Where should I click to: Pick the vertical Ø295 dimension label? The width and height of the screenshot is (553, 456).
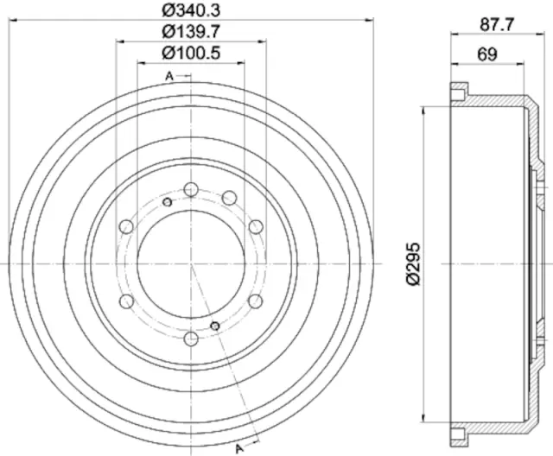pos(413,262)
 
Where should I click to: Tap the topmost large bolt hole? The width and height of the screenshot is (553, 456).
pos(190,189)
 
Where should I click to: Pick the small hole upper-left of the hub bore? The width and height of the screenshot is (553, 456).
pos(167,201)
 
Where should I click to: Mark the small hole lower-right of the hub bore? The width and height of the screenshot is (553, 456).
pos(215,325)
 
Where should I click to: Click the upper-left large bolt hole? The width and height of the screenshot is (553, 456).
pos(126,226)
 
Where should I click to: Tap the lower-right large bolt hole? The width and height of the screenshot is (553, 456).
pos(255,301)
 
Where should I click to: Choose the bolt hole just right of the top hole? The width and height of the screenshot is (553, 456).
pos(229,199)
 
